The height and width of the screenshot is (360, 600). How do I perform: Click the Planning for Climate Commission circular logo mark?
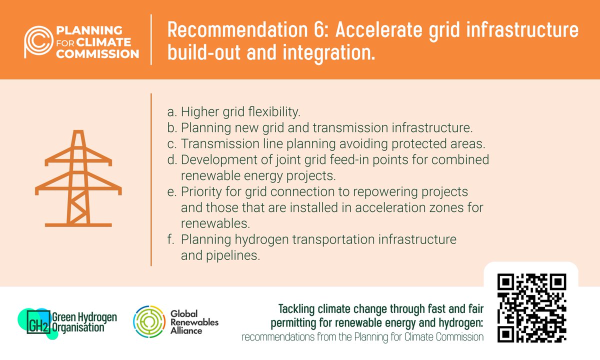[38, 39]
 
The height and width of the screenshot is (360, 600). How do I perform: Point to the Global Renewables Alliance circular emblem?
[148, 320]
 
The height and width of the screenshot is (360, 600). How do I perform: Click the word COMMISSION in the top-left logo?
[97, 53]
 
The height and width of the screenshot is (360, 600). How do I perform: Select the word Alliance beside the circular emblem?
[184, 330]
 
